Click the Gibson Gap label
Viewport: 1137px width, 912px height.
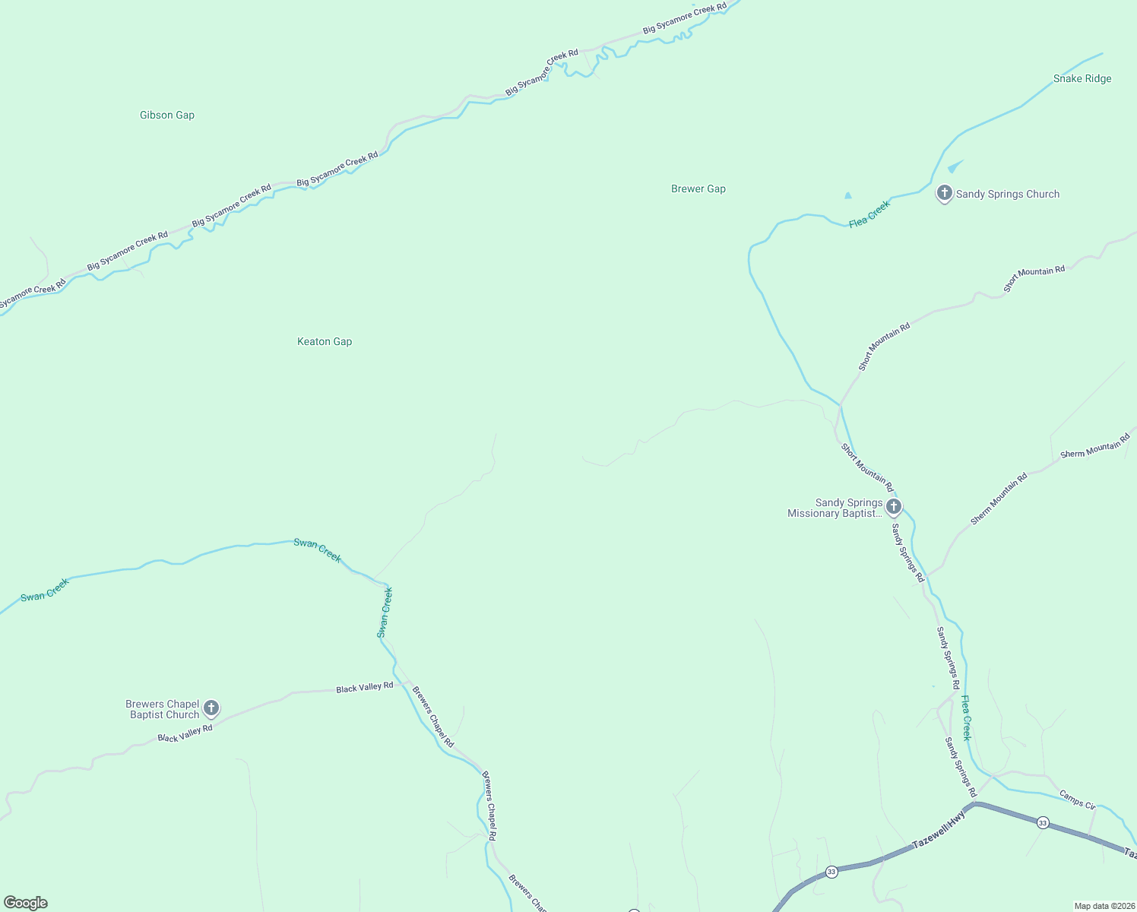coord(167,116)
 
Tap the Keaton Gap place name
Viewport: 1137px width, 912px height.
coord(325,342)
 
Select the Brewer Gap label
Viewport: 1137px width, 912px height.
coord(698,189)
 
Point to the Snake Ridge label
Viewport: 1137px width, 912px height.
coord(1082,79)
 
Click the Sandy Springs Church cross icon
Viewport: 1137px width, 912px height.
coord(944,193)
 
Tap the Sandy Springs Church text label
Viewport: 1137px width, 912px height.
coord(1008,195)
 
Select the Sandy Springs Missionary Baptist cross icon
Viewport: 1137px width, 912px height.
coord(894,507)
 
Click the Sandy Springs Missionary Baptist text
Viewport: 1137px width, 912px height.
coord(835,508)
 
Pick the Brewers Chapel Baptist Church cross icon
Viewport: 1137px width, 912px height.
coord(211,708)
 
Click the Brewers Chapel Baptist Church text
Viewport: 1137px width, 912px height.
coord(163,710)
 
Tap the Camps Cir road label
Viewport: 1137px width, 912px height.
coord(1077,800)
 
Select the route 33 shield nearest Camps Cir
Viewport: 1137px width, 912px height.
coord(1043,822)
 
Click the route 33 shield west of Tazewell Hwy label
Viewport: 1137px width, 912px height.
coord(831,872)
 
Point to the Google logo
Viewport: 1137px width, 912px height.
coord(26,903)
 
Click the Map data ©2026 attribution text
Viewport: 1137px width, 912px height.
coord(1104,906)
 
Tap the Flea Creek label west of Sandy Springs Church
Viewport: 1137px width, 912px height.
coord(869,214)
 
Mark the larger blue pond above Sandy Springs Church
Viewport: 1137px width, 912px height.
coord(955,166)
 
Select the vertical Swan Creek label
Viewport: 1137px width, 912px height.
coord(385,613)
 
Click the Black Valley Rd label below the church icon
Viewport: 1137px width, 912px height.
coord(185,733)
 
